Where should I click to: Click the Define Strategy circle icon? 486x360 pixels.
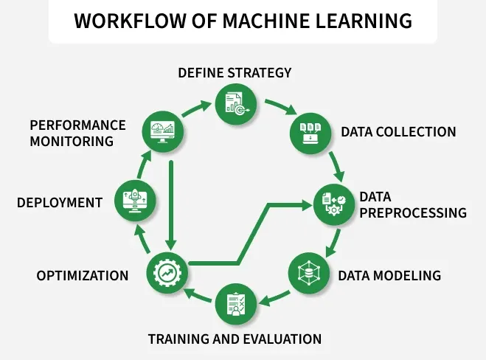[236, 104]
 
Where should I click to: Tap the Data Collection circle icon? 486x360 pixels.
[310, 134]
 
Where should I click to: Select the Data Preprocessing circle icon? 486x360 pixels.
[334, 204]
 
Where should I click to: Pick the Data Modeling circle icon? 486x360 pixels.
[309, 273]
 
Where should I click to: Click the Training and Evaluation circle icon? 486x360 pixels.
[236, 304]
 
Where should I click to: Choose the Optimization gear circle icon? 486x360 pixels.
[167, 273]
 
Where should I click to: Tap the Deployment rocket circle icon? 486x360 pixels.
[135, 201]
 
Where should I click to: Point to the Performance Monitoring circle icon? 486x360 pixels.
[163, 131]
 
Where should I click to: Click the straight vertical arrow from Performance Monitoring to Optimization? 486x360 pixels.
[171, 205]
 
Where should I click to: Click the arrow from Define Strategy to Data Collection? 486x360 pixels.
[280, 106]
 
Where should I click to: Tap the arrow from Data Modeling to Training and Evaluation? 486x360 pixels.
[274, 298]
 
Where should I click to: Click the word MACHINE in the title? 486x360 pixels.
[266, 21]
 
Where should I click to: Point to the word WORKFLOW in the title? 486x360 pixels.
[131, 21]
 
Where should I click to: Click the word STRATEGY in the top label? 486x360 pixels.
[260, 73]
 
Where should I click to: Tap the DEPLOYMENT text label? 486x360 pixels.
[60, 203]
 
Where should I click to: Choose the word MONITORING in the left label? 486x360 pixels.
[72, 142]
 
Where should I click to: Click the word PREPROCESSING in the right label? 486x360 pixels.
[413, 213]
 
